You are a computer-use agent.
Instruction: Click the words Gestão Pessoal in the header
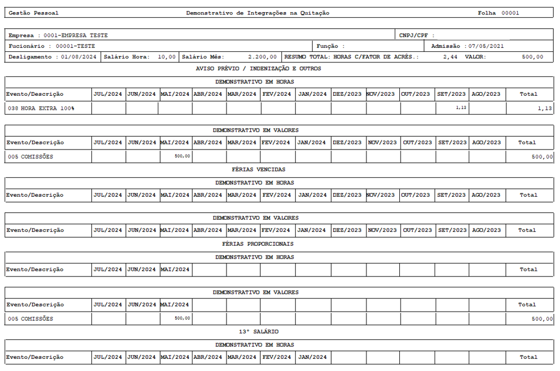click(x=34, y=13)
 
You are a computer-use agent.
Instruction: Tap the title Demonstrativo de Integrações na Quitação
click(x=258, y=13)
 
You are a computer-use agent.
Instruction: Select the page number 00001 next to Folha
click(x=510, y=13)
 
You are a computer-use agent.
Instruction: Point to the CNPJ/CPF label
click(x=413, y=35)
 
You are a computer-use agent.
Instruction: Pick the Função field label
click(x=330, y=46)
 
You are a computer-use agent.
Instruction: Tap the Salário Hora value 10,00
click(x=166, y=57)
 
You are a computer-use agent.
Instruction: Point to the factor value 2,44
click(x=450, y=57)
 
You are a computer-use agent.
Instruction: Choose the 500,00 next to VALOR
click(x=532, y=57)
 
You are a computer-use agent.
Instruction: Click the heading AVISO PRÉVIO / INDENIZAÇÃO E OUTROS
click(x=258, y=69)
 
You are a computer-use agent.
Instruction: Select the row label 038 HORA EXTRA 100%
click(x=41, y=108)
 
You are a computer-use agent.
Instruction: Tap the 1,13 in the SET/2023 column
click(x=461, y=107)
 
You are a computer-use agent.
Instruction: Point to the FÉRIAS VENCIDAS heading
click(x=258, y=170)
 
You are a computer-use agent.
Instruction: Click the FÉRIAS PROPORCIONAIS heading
click(x=258, y=243)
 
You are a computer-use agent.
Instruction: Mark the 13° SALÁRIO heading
click(x=258, y=332)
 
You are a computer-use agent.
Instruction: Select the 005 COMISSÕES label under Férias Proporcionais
click(x=30, y=318)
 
